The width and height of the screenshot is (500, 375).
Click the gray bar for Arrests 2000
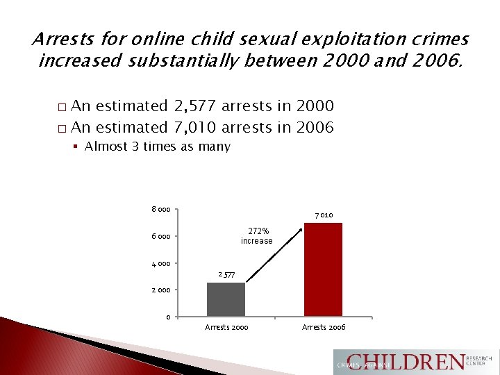click(x=226, y=299)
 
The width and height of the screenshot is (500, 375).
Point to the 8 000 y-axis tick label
click(x=161, y=210)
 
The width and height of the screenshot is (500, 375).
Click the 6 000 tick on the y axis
click(x=161, y=237)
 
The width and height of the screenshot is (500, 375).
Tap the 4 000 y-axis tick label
click(x=161, y=263)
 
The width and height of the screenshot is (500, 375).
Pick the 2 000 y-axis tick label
click(x=161, y=290)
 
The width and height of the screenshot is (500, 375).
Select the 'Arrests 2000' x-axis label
click(x=226, y=327)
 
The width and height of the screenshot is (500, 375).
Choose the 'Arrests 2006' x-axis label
click(x=324, y=327)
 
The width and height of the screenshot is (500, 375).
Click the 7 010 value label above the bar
click(x=324, y=215)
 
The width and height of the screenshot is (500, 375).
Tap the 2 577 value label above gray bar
click(x=226, y=276)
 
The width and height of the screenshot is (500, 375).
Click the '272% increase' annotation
click(x=257, y=235)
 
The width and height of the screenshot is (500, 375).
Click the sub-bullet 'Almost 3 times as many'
click(x=157, y=147)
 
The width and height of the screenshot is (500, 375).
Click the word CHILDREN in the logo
click(x=407, y=362)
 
